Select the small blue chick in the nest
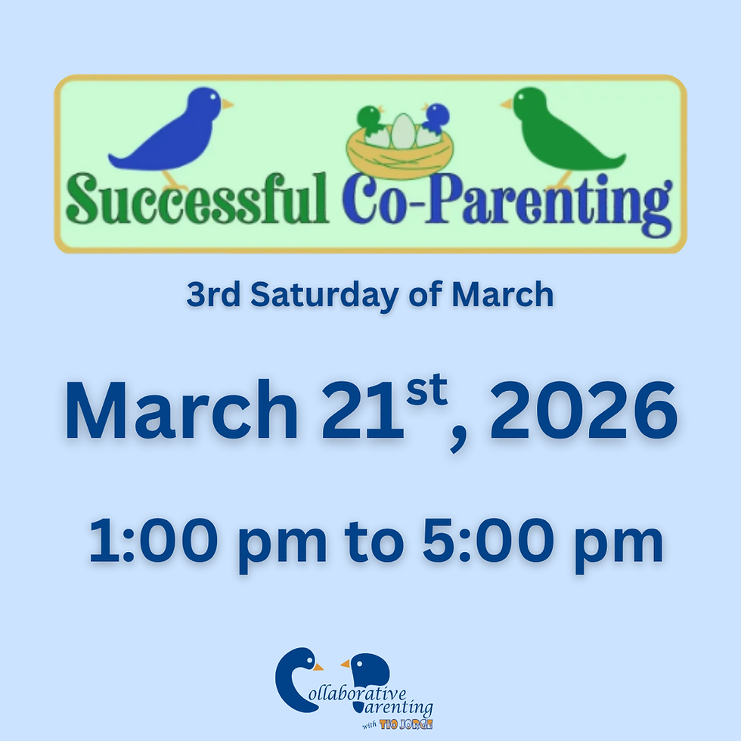click(436, 119)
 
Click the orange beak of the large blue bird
click(226, 104)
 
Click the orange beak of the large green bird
click(507, 104)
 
